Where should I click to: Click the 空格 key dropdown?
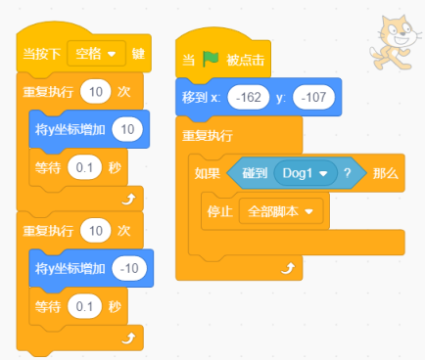pyautogui.click(x=96, y=54)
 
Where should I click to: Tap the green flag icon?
pyautogui.click(x=211, y=60)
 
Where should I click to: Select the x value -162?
pyautogui.click(x=249, y=97)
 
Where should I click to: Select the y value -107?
pyautogui.click(x=313, y=97)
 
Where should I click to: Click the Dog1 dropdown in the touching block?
pyautogui.click(x=306, y=173)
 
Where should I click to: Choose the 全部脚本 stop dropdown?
pyautogui.click(x=281, y=211)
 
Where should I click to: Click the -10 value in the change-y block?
pyautogui.click(x=129, y=269)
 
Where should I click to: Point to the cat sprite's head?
pyautogui.click(x=400, y=31)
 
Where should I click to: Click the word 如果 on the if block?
pyautogui.click(x=208, y=173)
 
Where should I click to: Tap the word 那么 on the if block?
pyautogui.click(x=386, y=173)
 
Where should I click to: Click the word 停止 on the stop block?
pyautogui.click(x=219, y=211)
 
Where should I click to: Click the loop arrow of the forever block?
pyautogui.click(x=288, y=268)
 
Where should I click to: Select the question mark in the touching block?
pyautogui.click(x=348, y=173)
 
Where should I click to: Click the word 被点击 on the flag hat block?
pyautogui.click(x=246, y=60)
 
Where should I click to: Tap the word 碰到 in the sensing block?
pyautogui.click(x=255, y=173)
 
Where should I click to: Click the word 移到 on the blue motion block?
pyautogui.click(x=195, y=97)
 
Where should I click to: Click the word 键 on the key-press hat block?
pyautogui.click(x=138, y=54)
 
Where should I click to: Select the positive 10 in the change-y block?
pyautogui.click(x=127, y=129)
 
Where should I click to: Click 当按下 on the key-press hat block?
pyautogui.click(x=42, y=54)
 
